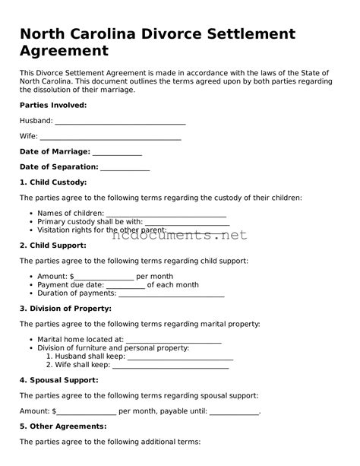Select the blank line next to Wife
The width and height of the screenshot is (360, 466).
click(110, 138)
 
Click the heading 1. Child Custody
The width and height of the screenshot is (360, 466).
click(53, 182)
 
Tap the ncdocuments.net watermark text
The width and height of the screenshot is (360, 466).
click(180, 235)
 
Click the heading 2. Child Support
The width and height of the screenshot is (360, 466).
click(53, 246)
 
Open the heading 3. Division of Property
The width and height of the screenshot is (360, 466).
click(65, 309)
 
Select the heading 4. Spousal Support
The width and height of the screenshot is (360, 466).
click(58, 379)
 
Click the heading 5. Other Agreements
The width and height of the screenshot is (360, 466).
click(60, 426)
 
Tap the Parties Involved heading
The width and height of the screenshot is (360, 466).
click(53, 105)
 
